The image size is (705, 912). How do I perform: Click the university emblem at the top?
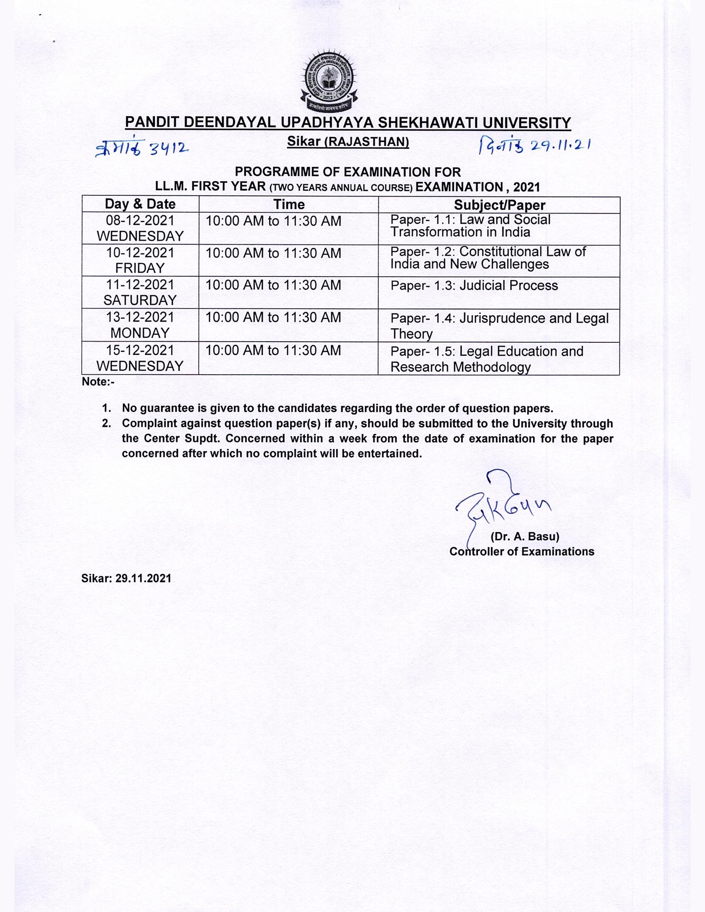tap(330, 82)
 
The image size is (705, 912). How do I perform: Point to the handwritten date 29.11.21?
tap(560, 145)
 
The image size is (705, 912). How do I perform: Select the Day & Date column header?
tap(140, 204)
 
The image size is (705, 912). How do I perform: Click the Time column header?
tap(289, 204)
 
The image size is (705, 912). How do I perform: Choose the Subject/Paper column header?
tap(500, 205)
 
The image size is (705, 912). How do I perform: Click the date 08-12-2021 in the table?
tap(140, 221)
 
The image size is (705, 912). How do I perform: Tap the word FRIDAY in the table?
tap(140, 268)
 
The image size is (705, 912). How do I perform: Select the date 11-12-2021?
tap(140, 285)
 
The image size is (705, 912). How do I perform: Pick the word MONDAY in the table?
tap(140, 333)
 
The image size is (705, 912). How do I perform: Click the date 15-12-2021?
tap(140, 350)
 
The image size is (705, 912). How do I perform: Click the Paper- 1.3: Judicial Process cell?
tap(474, 286)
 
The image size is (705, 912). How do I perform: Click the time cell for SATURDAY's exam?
tap(274, 285)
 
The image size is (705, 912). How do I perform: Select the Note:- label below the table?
tap(98, 382)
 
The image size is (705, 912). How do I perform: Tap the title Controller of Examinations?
tap(522, 552)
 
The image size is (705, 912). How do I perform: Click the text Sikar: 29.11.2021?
tap(126, 578)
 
